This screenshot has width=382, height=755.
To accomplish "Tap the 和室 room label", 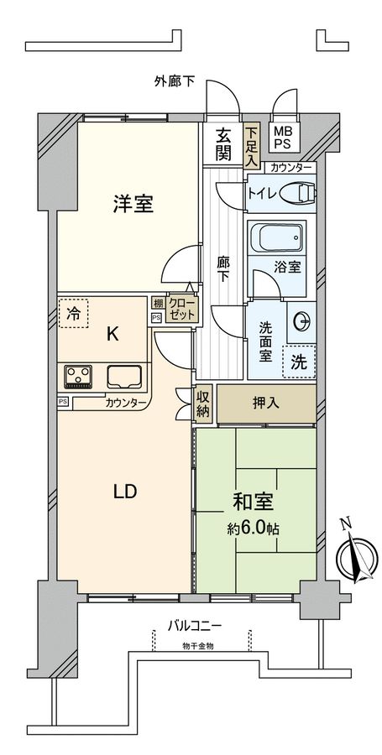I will coord(253,505).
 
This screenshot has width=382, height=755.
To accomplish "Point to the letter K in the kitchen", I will coord(112,335).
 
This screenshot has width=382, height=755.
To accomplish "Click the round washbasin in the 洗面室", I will coord(302,320).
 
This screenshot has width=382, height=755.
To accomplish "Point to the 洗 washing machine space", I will coord(299,362).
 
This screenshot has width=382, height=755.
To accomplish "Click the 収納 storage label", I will coord(203,403).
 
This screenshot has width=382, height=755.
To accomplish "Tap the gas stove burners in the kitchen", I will coord(78,376).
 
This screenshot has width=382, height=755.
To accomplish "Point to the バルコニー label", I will coord(194,625).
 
